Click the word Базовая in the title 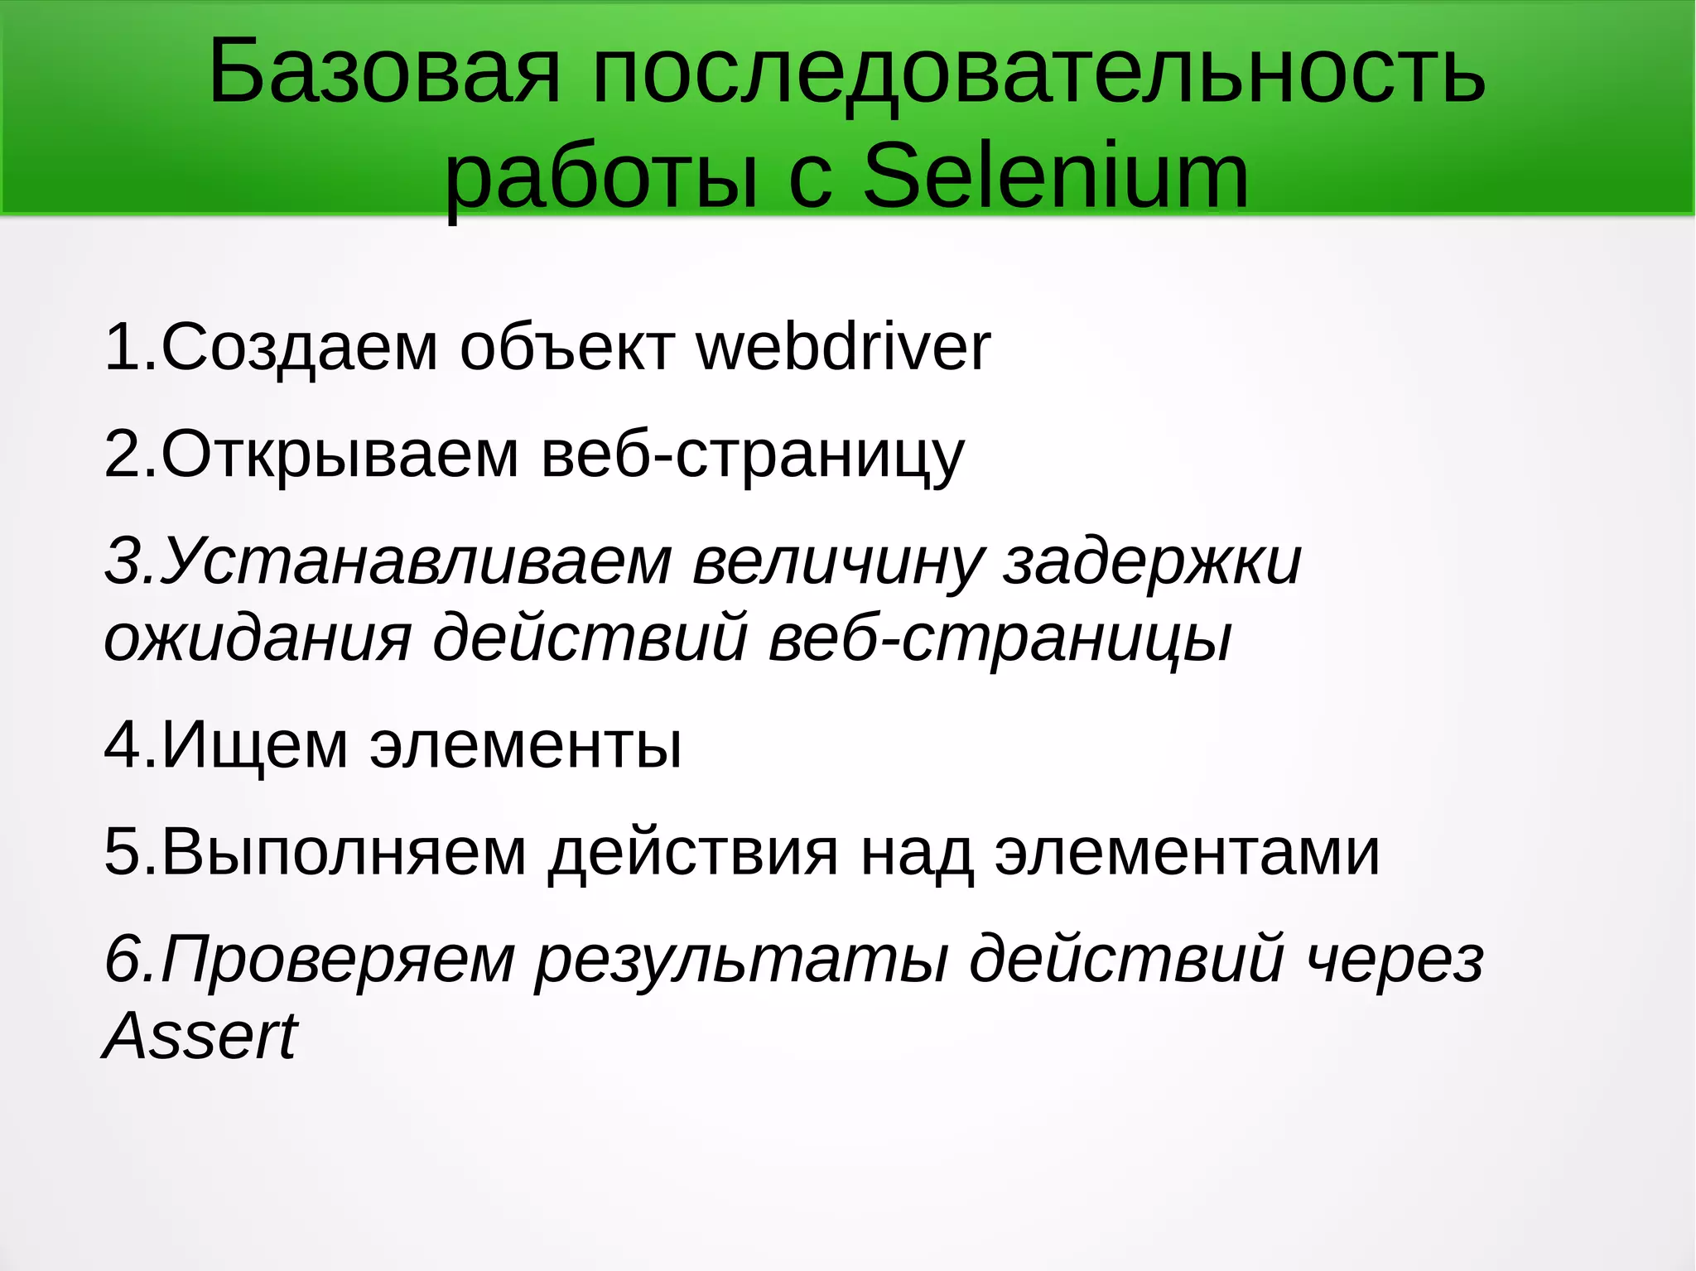coord(384,73)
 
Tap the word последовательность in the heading coord(1038,73)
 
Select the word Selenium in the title coord(1056,176)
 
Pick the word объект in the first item coord(567,348)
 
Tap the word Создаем coord(299,348)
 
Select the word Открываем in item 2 coord(340,455)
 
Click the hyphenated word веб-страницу coord(753,455)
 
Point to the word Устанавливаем coord(414,561)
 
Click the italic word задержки coord(1152,561)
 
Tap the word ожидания coord(258,638)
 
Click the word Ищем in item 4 coord(254,745)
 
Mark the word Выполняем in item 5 coord(344,852)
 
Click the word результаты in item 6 coord(742,959)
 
